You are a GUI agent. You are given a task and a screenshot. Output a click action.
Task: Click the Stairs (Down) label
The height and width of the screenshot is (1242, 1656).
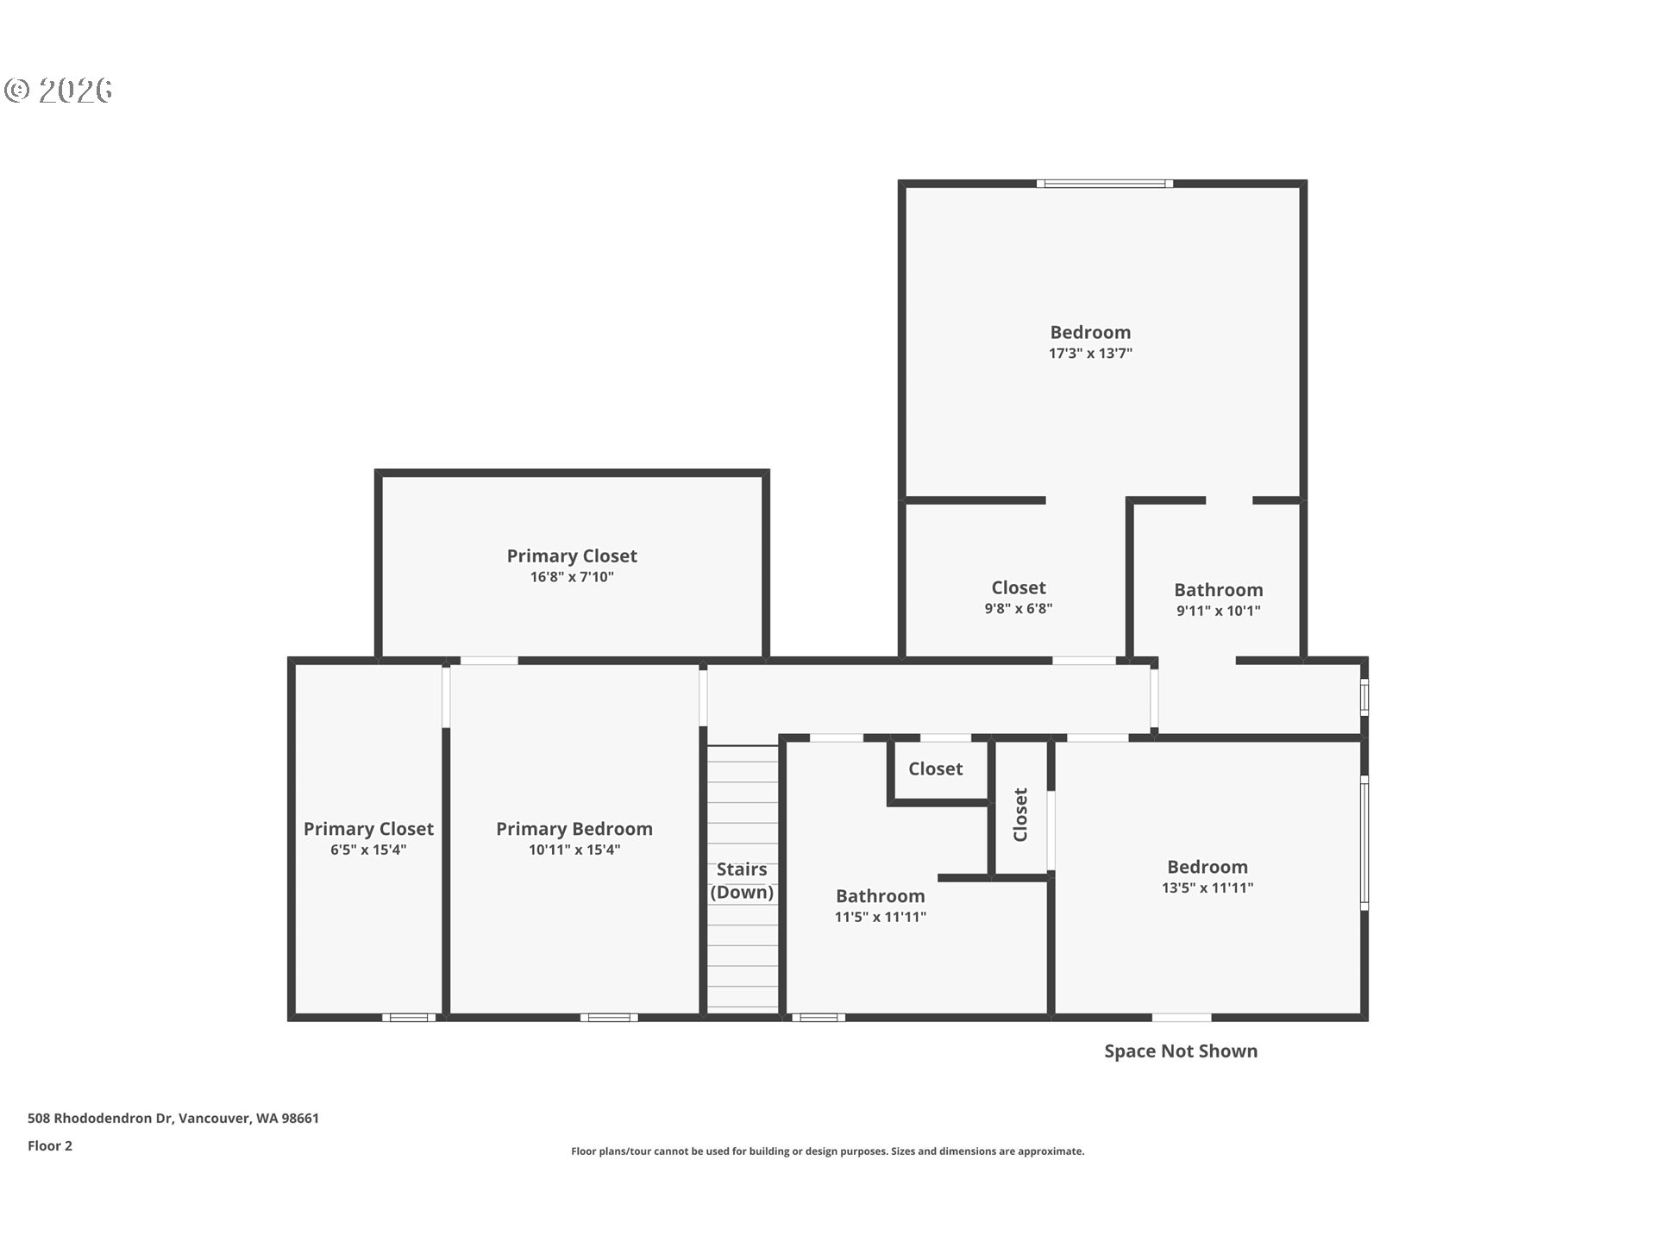pyautogui.click(x=742, y=881)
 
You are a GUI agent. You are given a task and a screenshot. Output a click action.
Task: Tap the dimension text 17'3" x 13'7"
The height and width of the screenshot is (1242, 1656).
pyautogui.click(x=1090, y=353)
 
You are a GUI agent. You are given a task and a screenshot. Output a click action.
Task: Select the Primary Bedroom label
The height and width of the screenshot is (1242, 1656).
pyautogui.click(x=574, y=829)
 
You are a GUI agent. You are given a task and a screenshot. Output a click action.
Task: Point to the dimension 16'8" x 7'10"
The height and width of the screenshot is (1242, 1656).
pyautogui.click(x=572, y=577)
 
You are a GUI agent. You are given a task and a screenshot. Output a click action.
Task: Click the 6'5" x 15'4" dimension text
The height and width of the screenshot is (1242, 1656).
pyautogui.click(x=368, y=850)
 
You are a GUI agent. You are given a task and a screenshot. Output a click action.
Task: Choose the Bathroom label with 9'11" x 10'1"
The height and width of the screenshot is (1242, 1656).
pyautogui.click(x=1218, y=590)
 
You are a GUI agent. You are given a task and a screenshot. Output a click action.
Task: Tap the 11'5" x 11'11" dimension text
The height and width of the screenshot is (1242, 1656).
pyautogui.click(x=880, y=917)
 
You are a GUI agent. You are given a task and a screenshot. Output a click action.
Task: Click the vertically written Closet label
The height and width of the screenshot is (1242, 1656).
pyautogui.click(x=1020, y=814)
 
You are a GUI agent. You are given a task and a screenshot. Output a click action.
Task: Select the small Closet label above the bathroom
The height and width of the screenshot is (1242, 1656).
pyautogui.click(x=935, y=768)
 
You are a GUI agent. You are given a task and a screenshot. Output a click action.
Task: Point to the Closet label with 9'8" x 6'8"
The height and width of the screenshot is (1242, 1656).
pyautogui.click(x=1018, y=587)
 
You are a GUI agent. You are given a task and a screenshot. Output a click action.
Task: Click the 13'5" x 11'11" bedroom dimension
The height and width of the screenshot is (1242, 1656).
pyautogui.click(x=1207, y=888)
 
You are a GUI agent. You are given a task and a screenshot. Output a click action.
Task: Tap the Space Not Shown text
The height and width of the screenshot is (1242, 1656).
pyautogui.click(x=1181, y=1051)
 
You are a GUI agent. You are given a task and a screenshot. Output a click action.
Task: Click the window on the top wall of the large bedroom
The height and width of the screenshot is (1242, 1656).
pyautogui.click(x=1104, y=184)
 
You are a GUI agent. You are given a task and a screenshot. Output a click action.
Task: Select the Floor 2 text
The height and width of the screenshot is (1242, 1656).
pyautogui.click(x=50, y=1145)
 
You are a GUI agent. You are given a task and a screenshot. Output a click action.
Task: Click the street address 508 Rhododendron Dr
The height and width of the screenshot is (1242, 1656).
pyautogui.click(x=173, y=1118)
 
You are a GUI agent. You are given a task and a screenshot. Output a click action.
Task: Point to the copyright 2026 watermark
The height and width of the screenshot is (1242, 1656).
pyautogui.click(x=59, y=91)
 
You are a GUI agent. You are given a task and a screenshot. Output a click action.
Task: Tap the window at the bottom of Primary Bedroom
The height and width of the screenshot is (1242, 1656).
pyautogui.click(x=609, y=1018)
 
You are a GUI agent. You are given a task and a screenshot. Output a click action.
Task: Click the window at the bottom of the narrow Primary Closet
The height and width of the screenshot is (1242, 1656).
pyautogui.click(x=409, y=1018)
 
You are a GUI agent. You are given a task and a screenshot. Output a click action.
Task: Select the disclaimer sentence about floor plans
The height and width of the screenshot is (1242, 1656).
pyautogui.click(x=827, y=1151)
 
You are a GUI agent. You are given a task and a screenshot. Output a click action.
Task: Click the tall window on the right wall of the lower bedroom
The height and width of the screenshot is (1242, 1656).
pyautogui.click(x=1364, y=842)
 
